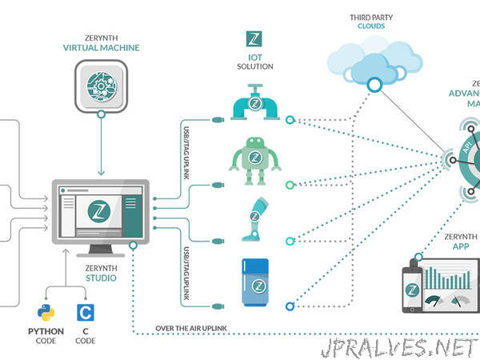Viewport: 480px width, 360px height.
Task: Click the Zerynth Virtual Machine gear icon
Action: pyautogui.click(x=100, y=87)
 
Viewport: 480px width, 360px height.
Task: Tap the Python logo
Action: pyautogui.click(x=44, y=313)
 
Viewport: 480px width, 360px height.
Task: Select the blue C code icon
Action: pyautogui.click(x=86, y=313)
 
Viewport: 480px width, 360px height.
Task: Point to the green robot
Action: pyautogui.click(x=258, y=164)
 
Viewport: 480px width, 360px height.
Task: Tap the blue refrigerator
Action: pyautogui.click(x=258, y=283)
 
